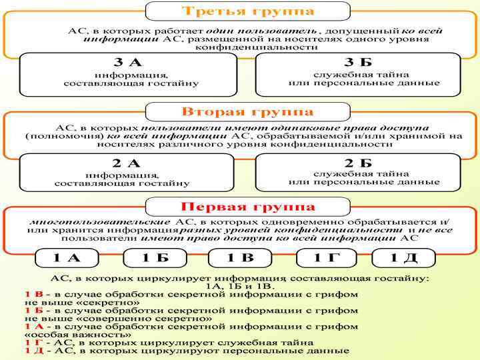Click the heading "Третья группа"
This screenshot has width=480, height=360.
pos(248,11)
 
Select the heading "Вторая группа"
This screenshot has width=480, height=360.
pos(247,111)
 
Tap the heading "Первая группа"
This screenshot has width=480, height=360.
pos(248,207)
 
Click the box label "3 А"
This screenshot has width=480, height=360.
pos(129,63)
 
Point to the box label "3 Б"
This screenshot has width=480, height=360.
pos(358,63)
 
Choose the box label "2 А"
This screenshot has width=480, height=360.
pos(126,163)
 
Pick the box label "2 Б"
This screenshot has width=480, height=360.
pos(358,163)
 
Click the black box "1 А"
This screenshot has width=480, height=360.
pos(67,258)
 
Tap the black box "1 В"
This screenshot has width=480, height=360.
pos(240,258)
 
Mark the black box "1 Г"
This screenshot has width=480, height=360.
pos(327,258)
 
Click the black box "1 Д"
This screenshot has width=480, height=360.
pos(403,258)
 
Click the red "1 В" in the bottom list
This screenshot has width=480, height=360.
pos(33,293)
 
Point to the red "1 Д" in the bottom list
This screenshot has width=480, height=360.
pos(33,351)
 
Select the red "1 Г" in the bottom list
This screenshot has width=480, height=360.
pos(33,343)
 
